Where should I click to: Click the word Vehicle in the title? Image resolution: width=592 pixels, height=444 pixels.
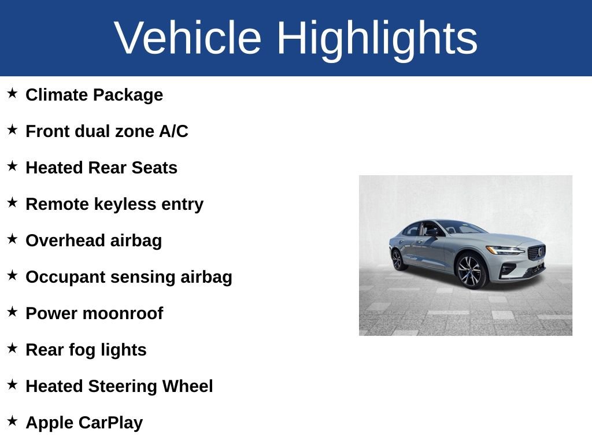(x=188, y=38)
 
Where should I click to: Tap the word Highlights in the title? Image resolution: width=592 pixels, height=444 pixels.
(x=377, y=38)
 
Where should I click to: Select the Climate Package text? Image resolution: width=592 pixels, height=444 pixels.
(x=94, y=95)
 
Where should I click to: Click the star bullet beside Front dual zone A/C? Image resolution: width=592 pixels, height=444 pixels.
(x=12, y=130)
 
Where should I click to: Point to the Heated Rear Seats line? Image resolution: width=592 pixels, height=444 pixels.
(x=101, y=168)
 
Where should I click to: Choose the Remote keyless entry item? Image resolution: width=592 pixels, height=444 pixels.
(x=114, y=204)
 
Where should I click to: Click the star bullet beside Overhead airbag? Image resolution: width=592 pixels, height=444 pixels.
(x=12, y=239)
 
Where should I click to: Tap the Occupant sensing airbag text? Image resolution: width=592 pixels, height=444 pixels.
(x=129, y=277)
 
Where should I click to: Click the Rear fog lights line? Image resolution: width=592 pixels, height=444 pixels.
(x=86, y=350)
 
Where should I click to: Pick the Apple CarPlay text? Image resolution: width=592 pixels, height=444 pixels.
(x=84, y=423)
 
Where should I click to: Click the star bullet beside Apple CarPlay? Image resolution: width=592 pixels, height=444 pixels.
(x=12, y=421)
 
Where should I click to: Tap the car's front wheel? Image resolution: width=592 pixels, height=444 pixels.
(x=471, y=270)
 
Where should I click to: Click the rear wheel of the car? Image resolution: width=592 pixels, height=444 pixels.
(x=398, y=259)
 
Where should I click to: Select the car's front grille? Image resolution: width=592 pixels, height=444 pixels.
(x=536, y=252)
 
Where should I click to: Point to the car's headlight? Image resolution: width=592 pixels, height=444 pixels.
(x=504, y=250)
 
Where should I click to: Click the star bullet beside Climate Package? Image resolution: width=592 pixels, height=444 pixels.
(x=12, y=94)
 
